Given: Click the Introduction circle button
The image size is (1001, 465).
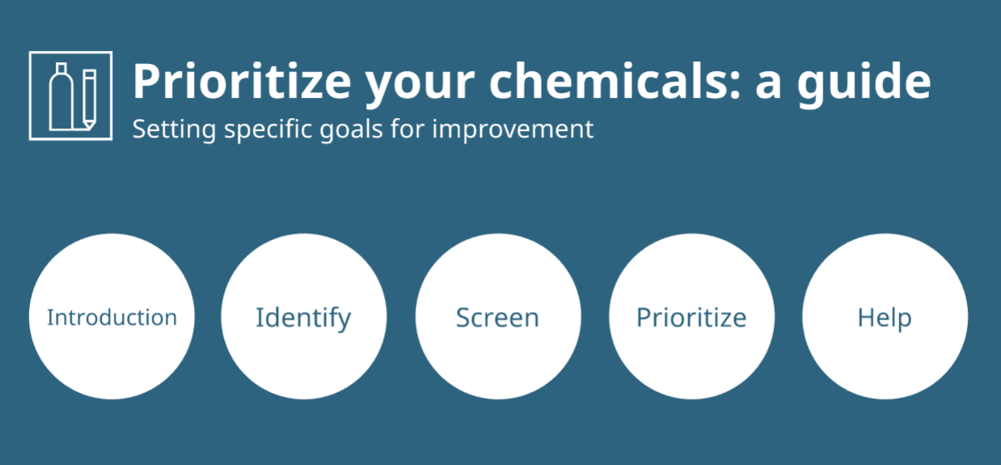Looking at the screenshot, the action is [x=112, y=316].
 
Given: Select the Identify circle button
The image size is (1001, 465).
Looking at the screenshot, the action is [x=304, y=316].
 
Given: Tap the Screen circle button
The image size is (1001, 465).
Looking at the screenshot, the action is [x=498, y=316].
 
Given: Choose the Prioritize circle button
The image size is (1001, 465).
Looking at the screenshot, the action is [x=692, y=316].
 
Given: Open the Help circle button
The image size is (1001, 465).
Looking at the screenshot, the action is [x=885, y=316].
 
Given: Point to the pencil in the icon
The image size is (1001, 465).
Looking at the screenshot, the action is [x=89, y=99].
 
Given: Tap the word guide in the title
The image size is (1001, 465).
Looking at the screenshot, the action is [x=864, y=83].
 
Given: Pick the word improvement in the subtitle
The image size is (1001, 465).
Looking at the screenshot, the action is [x=513, y=129].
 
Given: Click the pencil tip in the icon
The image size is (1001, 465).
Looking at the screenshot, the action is [x=89, y=125].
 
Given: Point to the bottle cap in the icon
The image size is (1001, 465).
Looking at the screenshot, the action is [x=61, y=68].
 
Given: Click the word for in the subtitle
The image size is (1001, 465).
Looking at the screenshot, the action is [x=408, y=129].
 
